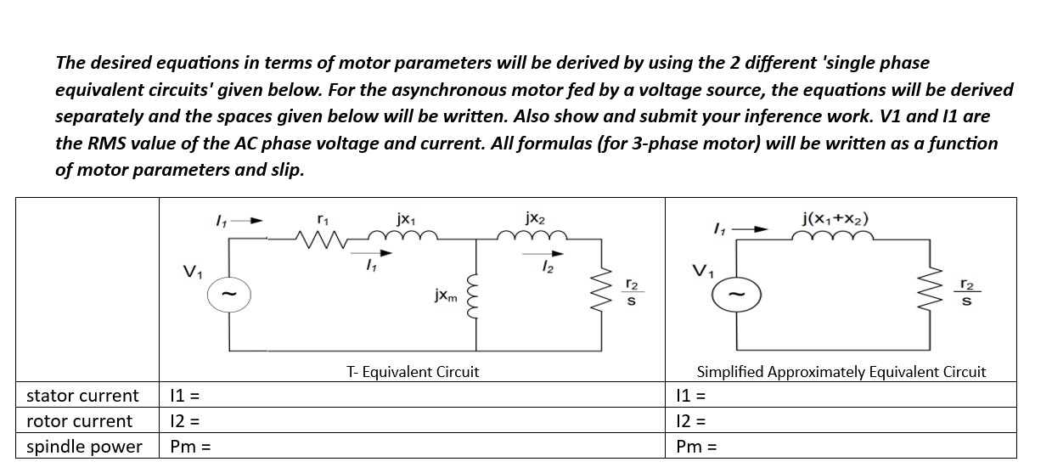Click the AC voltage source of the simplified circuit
pyautogui.click(x=736, y=296)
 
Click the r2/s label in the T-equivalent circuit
pyautogui.click(x=631, y=293)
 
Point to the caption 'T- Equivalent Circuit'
pyautogui.click(x=413, y=372)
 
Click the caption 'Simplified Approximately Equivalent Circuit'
pyautogui.click(x=841, y=372)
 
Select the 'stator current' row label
pyautogui.click(x=82, y=396)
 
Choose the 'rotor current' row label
pyautogui.click(x=79, y=421)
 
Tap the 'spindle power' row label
pyautogui.click(x=84, y=447)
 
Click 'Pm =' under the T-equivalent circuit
pyautogui.click(x=189, y=447)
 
